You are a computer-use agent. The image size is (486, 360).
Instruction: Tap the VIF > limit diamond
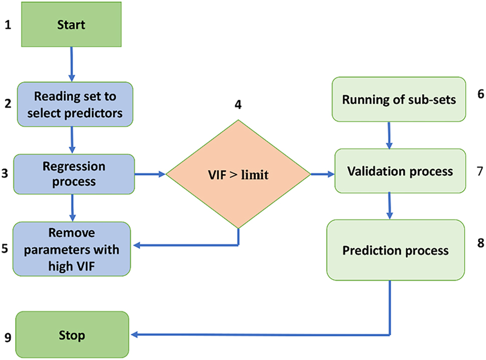(238, 174)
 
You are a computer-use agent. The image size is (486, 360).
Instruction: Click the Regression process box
(74, 173)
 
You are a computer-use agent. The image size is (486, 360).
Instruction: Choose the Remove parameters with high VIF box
(72, 249)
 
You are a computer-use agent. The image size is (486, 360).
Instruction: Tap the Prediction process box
(396, 249)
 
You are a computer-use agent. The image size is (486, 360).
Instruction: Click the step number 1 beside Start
(8, 24)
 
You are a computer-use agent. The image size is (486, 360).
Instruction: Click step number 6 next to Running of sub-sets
(480, 94)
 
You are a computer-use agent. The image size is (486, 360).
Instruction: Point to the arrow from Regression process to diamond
(150, 174)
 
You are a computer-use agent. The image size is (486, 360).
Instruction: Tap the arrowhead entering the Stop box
(135, 334)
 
